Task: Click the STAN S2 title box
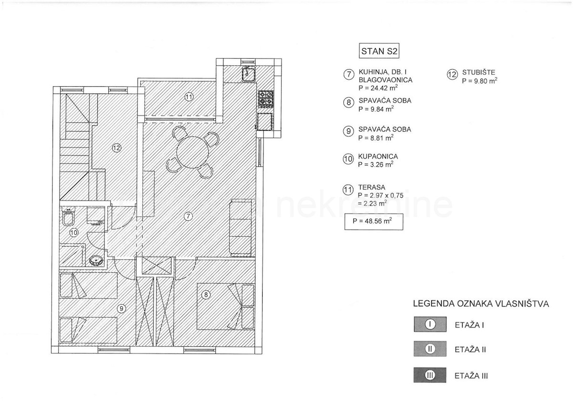379,51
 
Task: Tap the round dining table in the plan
192,152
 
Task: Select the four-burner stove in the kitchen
266,99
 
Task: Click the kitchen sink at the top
248,73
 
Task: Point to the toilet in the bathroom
68,217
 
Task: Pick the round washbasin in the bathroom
96,260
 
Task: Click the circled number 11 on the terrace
189,97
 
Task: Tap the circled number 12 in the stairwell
117,148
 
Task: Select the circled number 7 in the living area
188,217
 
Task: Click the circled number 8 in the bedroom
206,295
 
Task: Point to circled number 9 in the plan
121,309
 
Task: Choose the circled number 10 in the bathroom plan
74,232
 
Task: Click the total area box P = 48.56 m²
374,221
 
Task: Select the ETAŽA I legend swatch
430,324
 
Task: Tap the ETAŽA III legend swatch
430,375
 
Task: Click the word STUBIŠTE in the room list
478,73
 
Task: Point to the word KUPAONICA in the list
378,156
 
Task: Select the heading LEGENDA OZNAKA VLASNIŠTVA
481,304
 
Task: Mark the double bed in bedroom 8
225,306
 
